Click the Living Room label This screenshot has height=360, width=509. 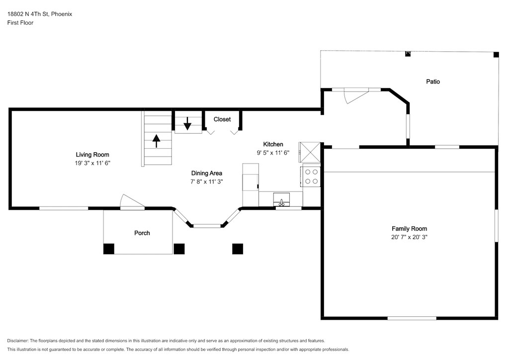pyautogui.click(x=92, y=155)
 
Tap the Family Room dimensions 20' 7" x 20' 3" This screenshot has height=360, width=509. pyautogui.click(x=409, y=237)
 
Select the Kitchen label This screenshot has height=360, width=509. pyautogui.click(x=273, y=144)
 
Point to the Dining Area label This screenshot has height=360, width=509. pyautogui.click(x=206, y=173)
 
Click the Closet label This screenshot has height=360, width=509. pyautogui.click(x=222, y=119)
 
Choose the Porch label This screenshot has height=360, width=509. pyautogui.click(x=142, y=233)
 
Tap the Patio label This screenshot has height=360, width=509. pyautogui.click(x=433, y=82)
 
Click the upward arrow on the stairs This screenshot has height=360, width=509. pyautogui.click(x=157, y=141)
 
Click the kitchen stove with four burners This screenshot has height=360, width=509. pyautogui.click(x=311, y=177)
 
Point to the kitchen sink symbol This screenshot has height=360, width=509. pyautogui.click(x=281, y=199)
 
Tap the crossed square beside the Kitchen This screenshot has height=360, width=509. pyautogui.click(x=310, y=152)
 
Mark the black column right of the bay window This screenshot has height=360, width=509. pyautogui.click(x=238, y=249)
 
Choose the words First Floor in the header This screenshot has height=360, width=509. pyautogui.click(x=20, y=23)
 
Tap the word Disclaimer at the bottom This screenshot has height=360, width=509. pyautogui.click(x=17, y=341)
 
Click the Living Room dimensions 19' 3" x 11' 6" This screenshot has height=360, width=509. pyautogui.click(x=92, y=163)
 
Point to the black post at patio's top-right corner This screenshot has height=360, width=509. pyautogui.click(x=496, y=55)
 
